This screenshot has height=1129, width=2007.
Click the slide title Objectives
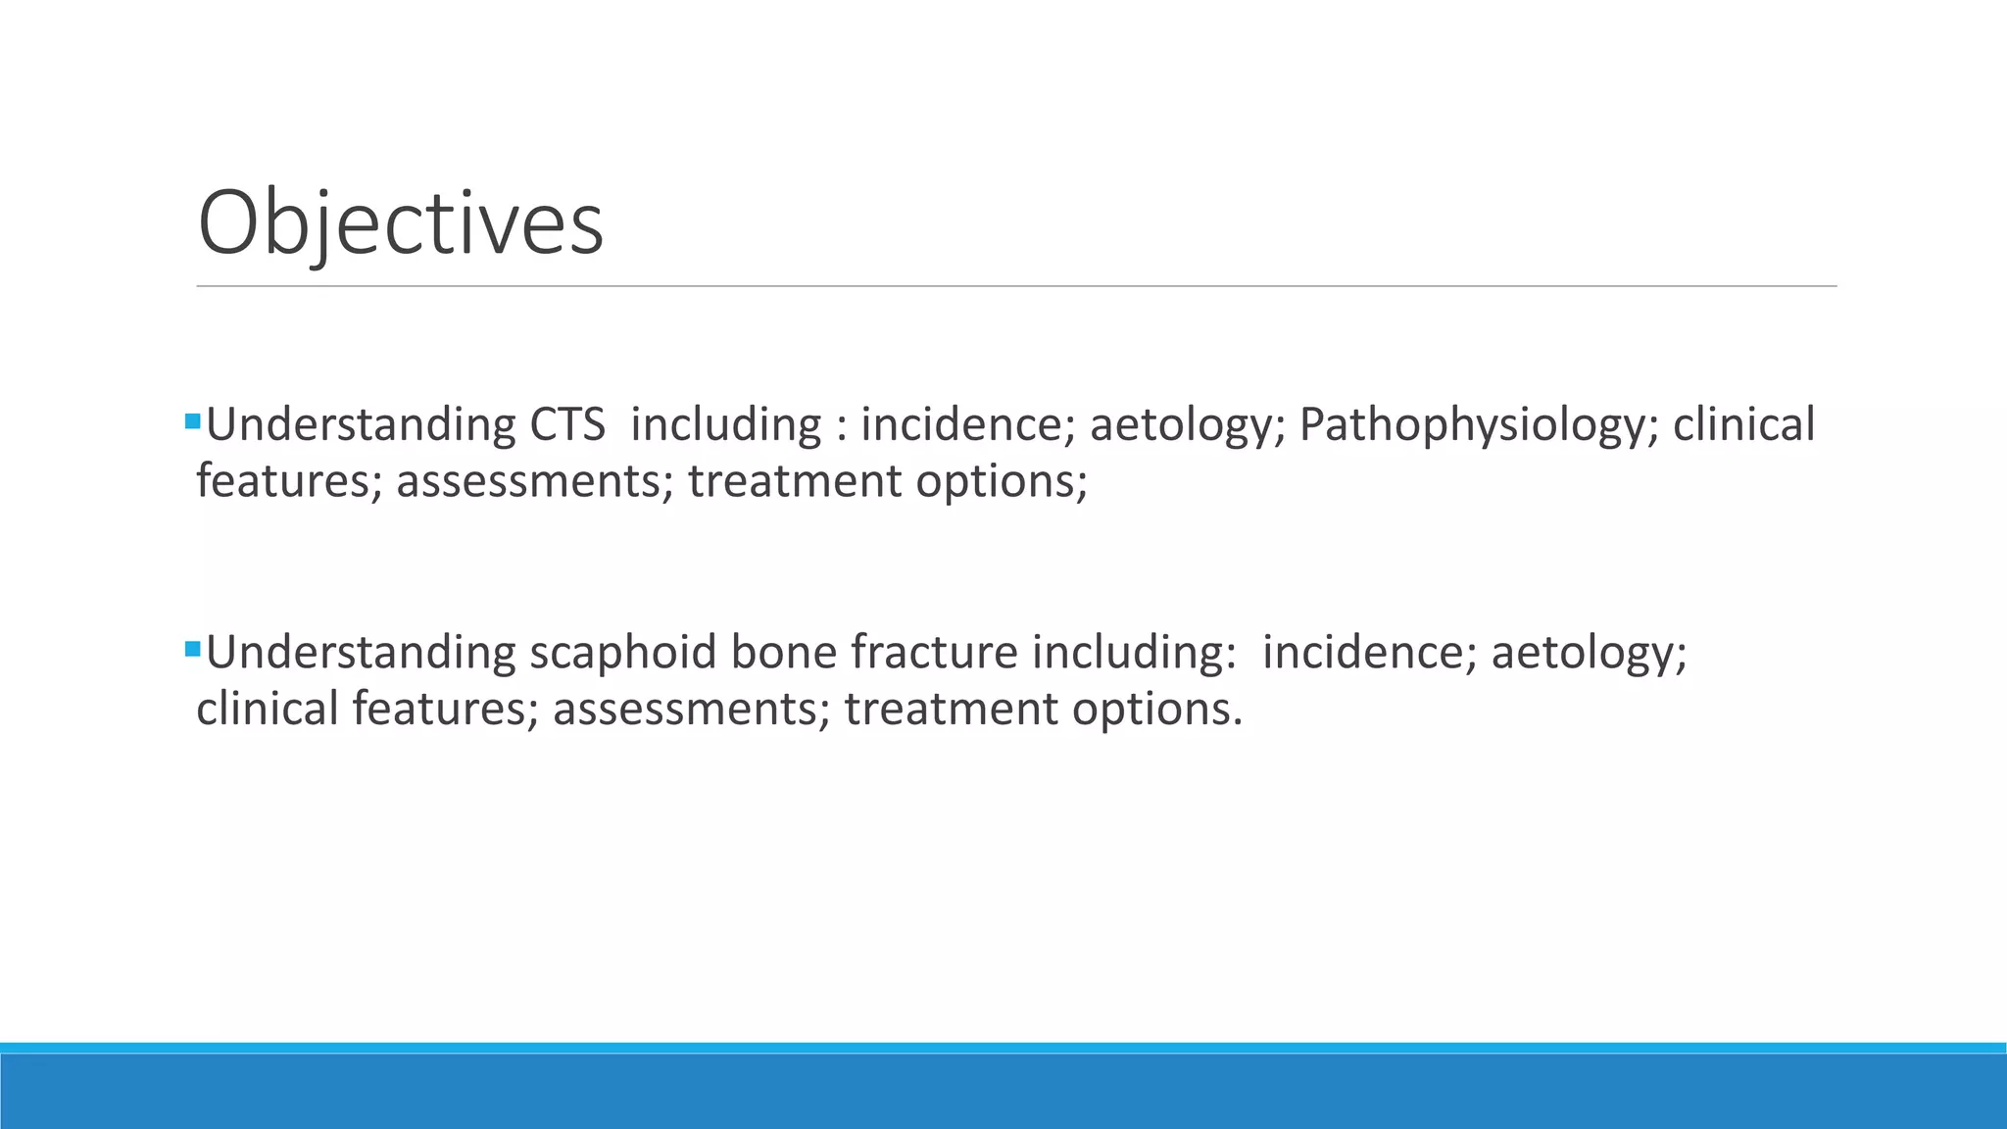[x=400, y=223]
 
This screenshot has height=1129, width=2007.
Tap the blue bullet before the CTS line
[x=192, y=422]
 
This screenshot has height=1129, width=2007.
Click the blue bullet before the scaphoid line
[x=192, y=649]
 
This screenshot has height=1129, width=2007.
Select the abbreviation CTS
[x=567, y=425]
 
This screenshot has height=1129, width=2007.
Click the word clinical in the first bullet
[x=1743, y=425]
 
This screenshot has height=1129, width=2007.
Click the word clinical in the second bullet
[x=267, y=709]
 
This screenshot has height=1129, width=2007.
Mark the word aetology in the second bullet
[x=1588, y=653]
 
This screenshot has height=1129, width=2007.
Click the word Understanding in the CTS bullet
[x=361, y=425]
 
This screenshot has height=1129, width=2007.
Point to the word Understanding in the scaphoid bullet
[x=361, y=653]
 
